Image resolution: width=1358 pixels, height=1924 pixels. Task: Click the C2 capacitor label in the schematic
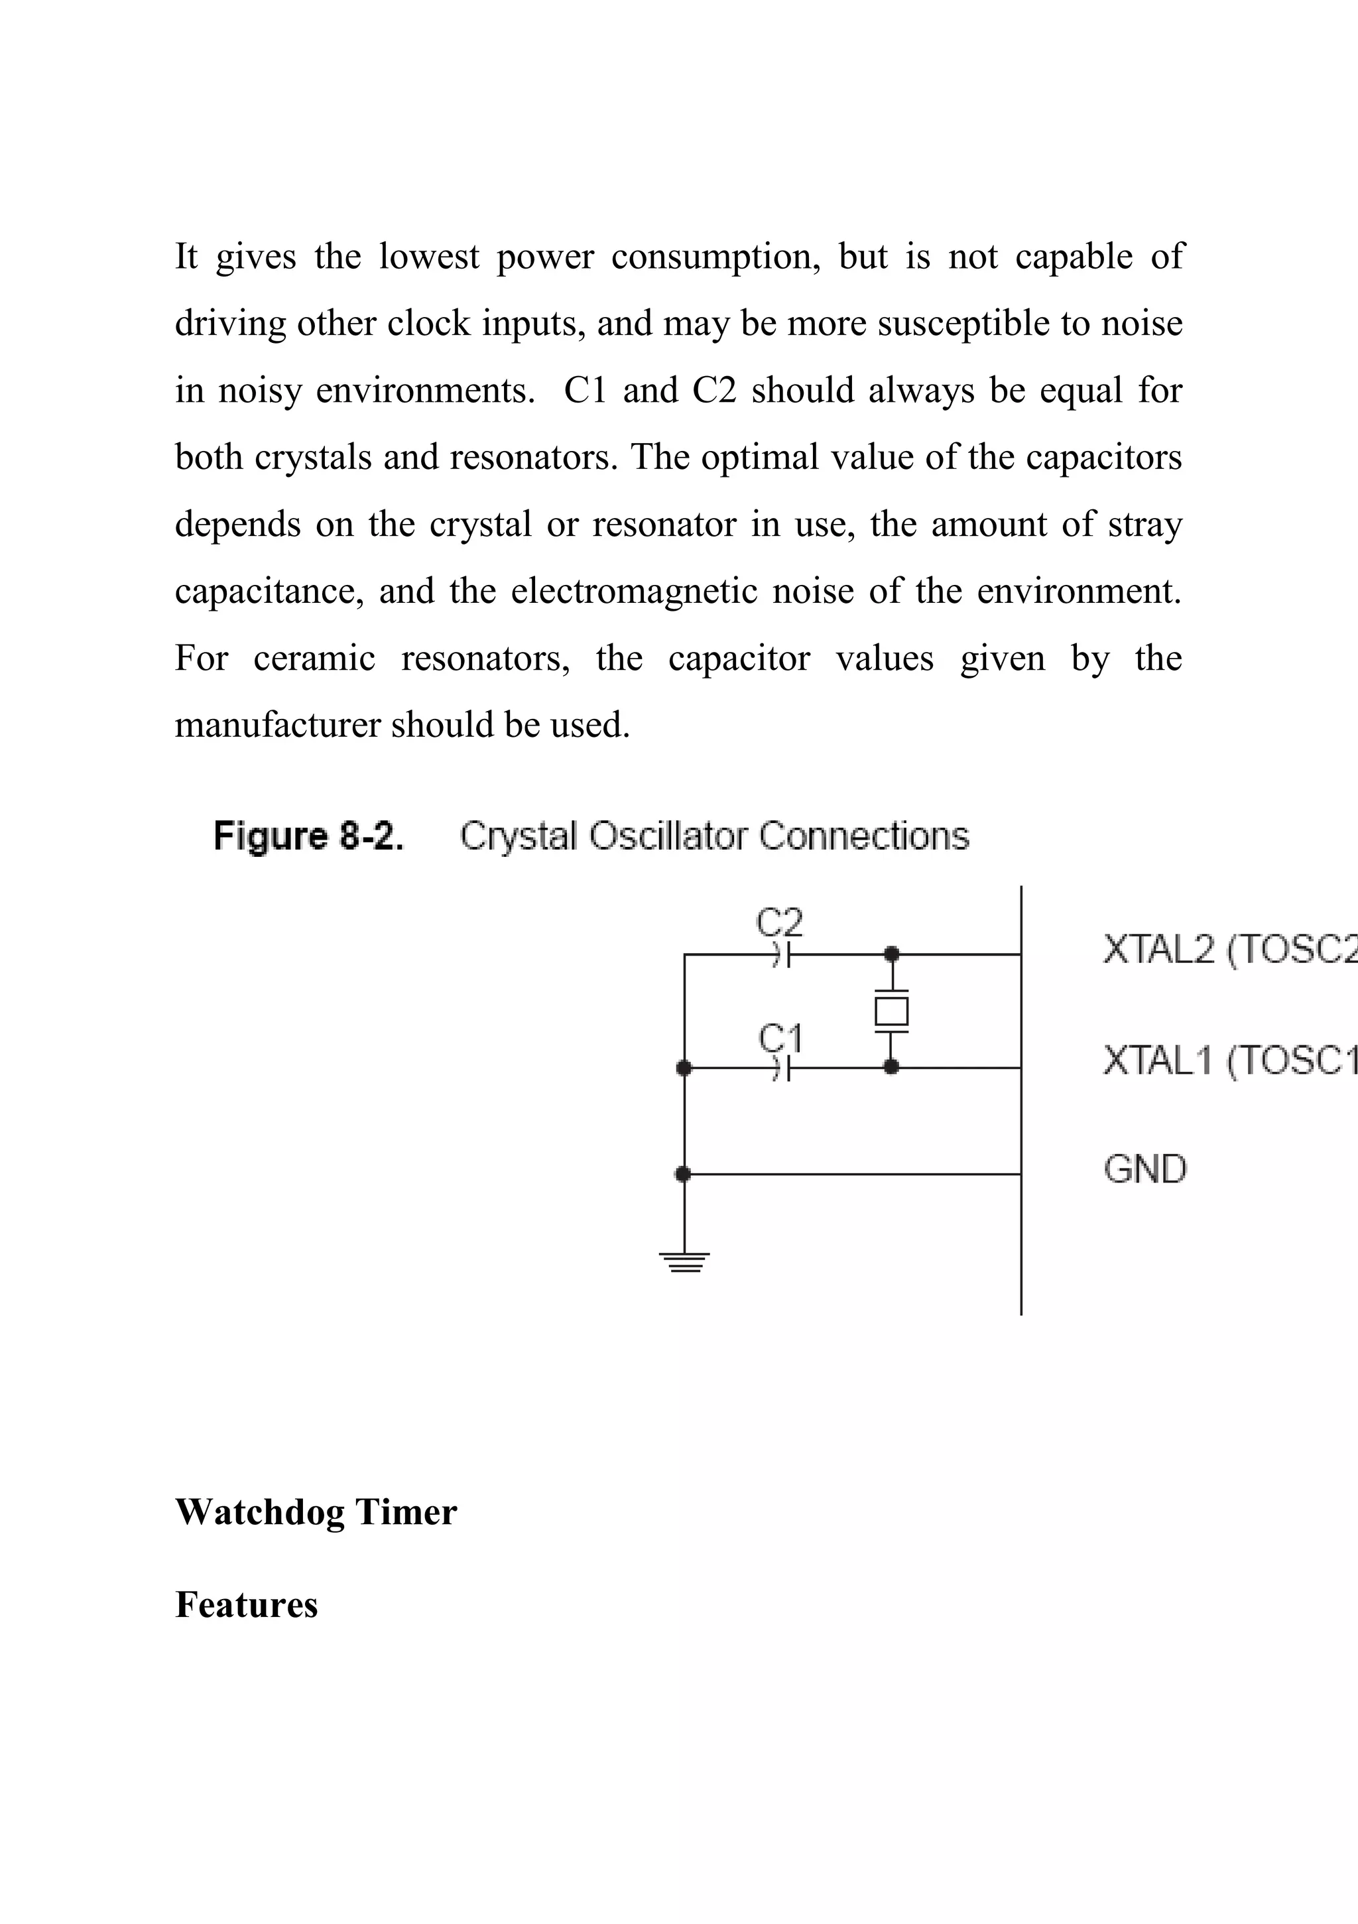pyautogui.click(x=779, y=923)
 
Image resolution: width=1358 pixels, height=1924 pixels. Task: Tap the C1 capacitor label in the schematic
pyautogui.click(x=780, y=1037)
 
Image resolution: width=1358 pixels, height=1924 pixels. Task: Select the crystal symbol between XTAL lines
pyautogui.click(x=891, y=1011)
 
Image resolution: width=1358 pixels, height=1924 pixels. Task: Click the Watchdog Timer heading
pyautogui.click(x=316, y=1511)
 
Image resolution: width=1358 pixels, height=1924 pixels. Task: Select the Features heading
pyautogui.click(x=246, y=1604)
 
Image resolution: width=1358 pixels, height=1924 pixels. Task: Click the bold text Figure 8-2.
pyautogui.click(x=308, y=836)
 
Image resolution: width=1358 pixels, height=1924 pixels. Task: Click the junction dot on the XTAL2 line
pyautogui.click(x=891, y=954)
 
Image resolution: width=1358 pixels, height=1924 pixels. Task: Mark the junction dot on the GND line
pyautogui.click(x=684, y=1174)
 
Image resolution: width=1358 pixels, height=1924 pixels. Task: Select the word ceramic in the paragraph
pyautogui.click(x=314, y=658)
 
